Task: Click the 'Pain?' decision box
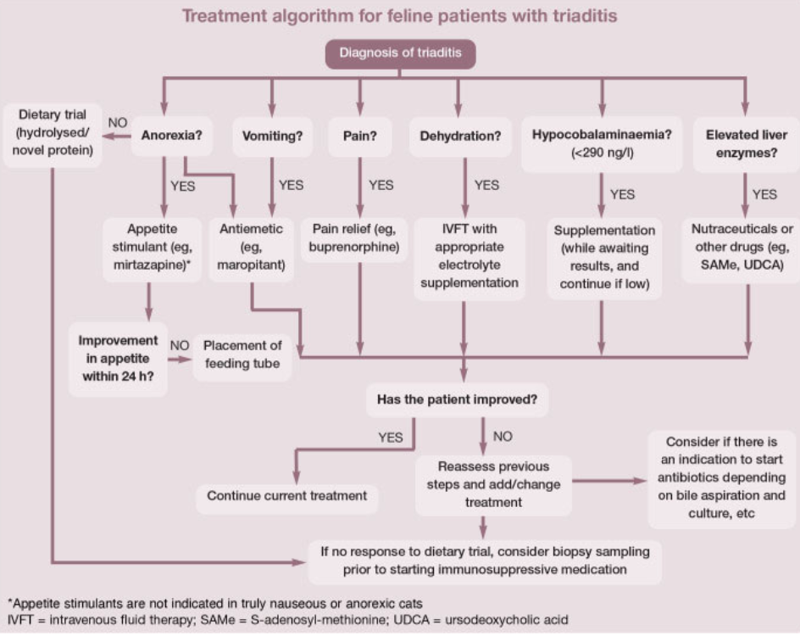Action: (x=359, y=136)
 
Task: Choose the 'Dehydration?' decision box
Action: (x=460, y=136)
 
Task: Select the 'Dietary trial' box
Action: (x=53, y=135)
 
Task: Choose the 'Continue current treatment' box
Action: (x=286, y=495)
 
